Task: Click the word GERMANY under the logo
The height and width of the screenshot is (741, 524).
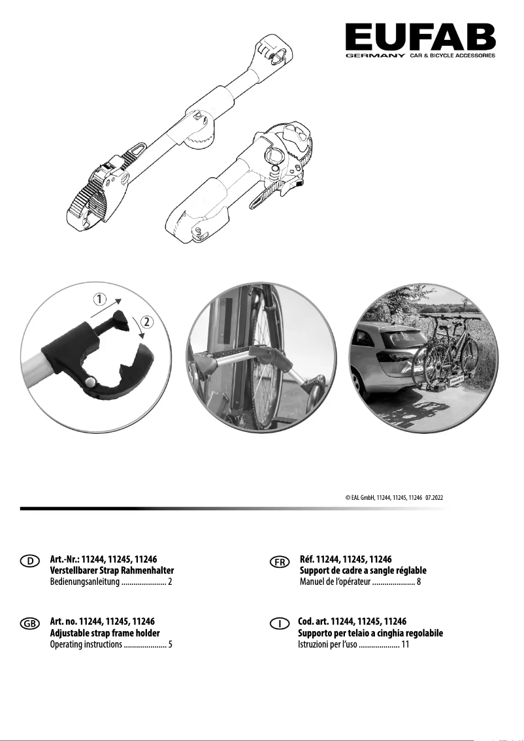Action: (x=375, y=56)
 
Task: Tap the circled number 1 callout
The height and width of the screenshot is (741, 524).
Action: (x=99, y=300)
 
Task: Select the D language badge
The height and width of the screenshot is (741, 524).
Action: (x=30, y=561)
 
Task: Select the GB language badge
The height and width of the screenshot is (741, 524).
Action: (x=30, y=624)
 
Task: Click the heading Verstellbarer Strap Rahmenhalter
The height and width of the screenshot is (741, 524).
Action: (x=112, y=570)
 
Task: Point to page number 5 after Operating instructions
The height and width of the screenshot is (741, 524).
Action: (x=170, y=645)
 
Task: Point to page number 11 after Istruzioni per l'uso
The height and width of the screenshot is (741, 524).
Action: (x=404, y=645)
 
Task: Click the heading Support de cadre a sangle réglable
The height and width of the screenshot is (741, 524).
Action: (x=362, y=570)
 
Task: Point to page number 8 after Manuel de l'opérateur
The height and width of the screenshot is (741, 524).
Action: (x=418, y=582)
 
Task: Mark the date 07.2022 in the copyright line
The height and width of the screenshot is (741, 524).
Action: (x=438, y=497)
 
